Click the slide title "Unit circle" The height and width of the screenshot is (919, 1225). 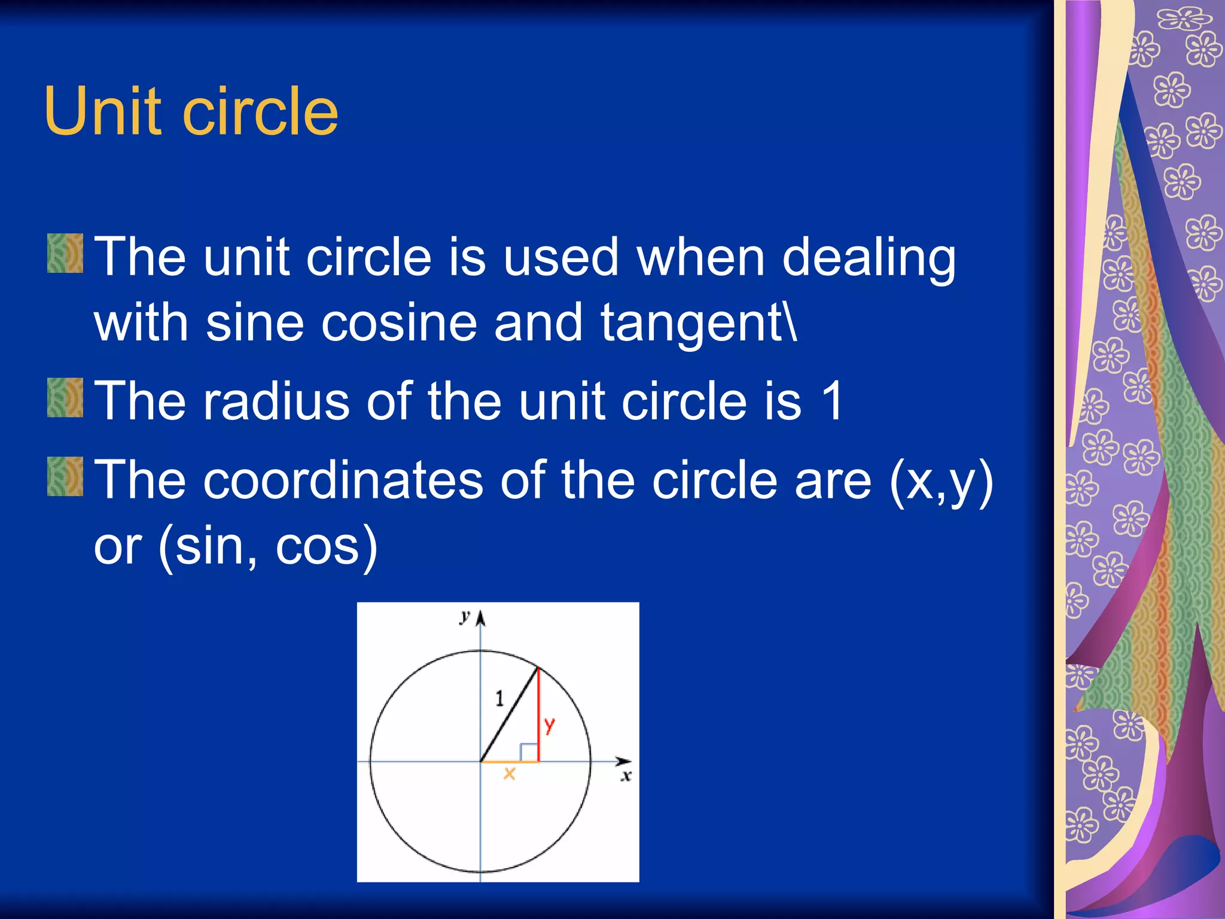(191, 111)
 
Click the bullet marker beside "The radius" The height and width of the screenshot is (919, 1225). (65, 397)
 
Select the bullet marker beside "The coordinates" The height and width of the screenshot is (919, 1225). (65, 476)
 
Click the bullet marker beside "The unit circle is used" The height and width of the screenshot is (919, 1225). (65, 254)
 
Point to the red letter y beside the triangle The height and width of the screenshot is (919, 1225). (550, 726)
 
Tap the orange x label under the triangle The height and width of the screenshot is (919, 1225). (509, 774)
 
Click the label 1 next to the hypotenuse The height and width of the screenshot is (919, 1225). (499, 698)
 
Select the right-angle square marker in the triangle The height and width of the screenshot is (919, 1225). (529, 752)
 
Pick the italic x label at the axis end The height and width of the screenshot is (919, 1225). (626, 777)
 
